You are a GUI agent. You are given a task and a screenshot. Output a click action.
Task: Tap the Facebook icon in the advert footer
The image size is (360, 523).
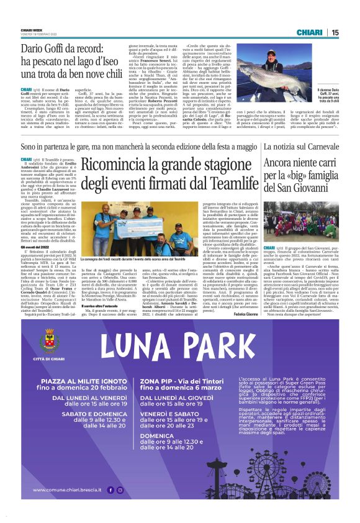[x=112, y=507]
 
